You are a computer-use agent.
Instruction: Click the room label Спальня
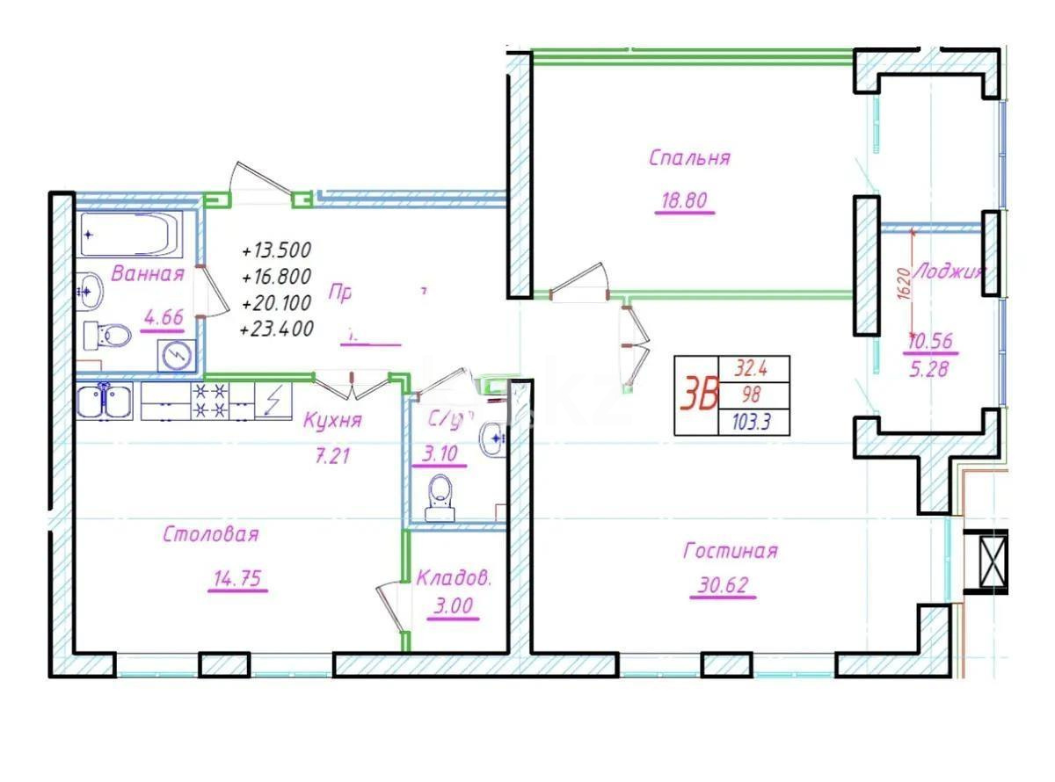(x=689, y=158)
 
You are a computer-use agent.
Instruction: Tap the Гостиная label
(x=730, y=551)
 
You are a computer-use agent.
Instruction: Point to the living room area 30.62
(x=724, y=584)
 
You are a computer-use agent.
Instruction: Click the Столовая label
(x=211, y=534)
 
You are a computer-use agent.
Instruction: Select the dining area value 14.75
(x=238, y=579)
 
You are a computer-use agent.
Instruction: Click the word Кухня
(x=331, y=420)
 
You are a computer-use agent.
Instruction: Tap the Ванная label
(x=148, y=273)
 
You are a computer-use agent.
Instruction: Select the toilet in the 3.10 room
(x=439, y=496)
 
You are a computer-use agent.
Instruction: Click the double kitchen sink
(x=105, y=402)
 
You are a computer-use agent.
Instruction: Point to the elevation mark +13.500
(x=276, y=250)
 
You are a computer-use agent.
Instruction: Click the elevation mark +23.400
(x=276, y=329)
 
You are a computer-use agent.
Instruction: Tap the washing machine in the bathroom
(x=178, y=354)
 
